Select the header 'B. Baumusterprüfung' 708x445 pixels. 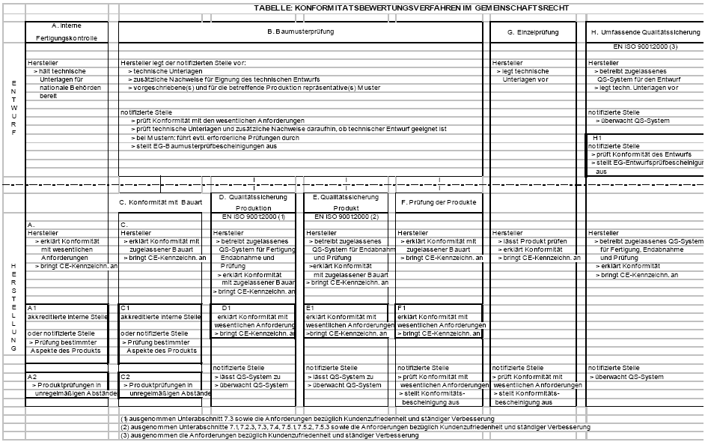(300, 31)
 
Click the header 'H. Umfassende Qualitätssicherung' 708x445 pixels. (646, 32)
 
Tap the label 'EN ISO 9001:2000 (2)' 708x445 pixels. (345, 217)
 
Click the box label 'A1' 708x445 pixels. (31, 308)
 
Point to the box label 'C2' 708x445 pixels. (126, 376)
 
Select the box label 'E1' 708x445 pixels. (311, 308)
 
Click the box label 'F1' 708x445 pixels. (402, 308)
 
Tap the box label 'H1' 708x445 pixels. (596, 138)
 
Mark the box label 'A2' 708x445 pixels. (31, 376)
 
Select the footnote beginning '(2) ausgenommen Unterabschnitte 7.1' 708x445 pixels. (355, 426)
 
